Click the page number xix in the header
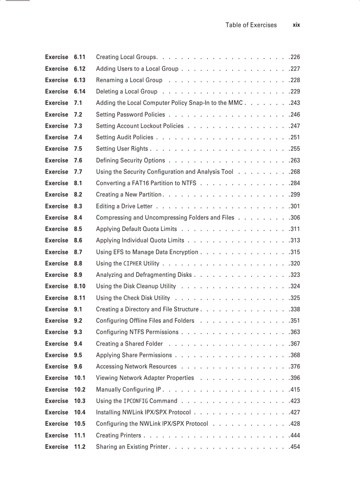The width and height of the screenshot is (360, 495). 296,25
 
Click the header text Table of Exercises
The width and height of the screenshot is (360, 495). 251,25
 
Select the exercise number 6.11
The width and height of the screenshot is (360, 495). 79,57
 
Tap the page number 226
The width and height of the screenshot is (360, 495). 295,57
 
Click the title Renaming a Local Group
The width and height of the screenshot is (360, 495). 129,80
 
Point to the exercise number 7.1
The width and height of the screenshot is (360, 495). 78,103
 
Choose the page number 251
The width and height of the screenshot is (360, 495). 295,137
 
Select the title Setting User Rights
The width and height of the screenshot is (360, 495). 122,149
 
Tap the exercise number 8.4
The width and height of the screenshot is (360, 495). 78,217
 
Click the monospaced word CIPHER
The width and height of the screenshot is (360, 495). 132,264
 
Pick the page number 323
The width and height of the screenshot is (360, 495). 295,275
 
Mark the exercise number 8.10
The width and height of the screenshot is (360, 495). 79,286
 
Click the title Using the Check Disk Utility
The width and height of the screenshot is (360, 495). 133,298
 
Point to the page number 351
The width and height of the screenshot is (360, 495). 295,320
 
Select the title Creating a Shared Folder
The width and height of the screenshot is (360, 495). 129,344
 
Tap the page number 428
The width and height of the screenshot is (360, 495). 295,424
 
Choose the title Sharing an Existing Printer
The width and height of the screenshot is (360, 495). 132,447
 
